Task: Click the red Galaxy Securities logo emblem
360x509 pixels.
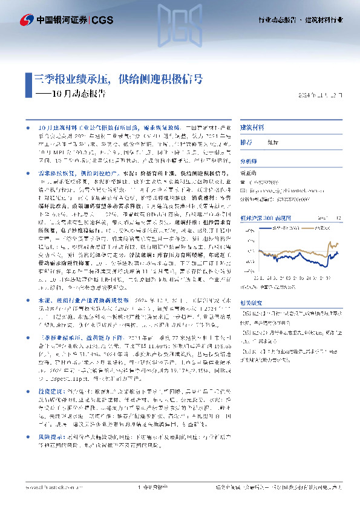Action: [x=25, y=19]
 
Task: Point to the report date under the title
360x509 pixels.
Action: [x=324, y=96]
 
